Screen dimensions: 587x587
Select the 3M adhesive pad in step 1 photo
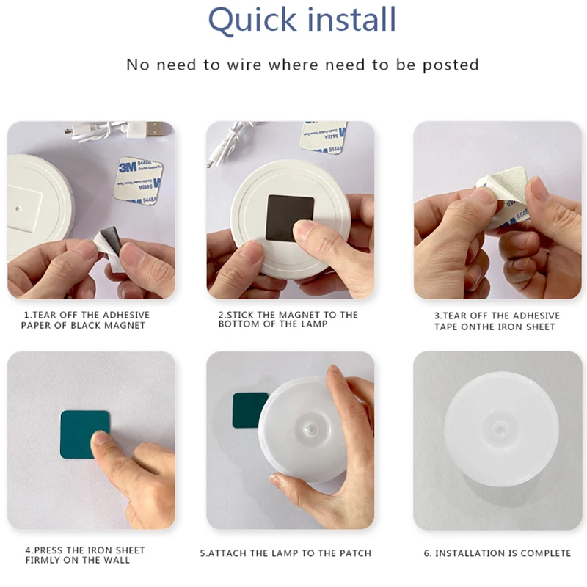click(139, 181)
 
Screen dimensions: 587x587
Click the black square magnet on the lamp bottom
click(289, 219)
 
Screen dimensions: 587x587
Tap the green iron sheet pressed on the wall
click(84, 433)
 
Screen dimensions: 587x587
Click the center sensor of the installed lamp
click(500, 426)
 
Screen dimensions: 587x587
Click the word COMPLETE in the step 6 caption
click(542, 553)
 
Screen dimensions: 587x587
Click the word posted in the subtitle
click(451, 65)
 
